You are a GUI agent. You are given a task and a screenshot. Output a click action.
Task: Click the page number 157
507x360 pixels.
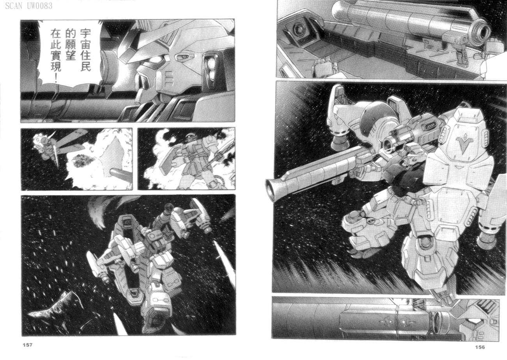coord(27,345)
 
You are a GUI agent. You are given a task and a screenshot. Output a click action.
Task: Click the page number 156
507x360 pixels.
coord(480,347)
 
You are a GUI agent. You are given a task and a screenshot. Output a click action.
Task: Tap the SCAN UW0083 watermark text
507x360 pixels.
coord(29,6)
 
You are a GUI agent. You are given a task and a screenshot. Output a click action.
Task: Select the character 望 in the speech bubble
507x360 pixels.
coord(70,55)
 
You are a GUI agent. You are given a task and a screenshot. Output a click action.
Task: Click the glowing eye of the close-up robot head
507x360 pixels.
coord(156,60)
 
